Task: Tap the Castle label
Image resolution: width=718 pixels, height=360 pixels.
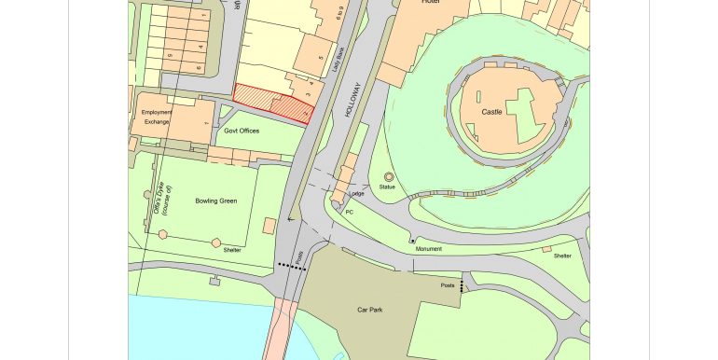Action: [x=491, y=111]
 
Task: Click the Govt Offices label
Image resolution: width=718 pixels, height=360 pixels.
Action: [x=242, y=131]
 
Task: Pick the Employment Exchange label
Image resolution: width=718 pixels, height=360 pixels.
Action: [x=158, y=118]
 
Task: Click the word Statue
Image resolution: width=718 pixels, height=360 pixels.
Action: [x=388, y=187]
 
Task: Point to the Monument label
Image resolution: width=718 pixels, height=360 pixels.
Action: [x=430, y=249]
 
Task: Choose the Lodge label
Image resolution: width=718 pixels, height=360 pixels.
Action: [x=355, y=194]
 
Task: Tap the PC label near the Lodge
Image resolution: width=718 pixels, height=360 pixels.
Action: [x=350, y=212]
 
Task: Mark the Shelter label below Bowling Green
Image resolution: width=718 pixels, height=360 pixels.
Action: [x=231, y=250]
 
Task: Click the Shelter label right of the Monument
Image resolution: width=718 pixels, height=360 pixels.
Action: [x=562, y=256]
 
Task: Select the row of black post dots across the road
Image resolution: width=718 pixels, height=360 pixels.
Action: [x=292, y=266]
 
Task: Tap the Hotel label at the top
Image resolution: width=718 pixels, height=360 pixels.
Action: [x=430, y=3]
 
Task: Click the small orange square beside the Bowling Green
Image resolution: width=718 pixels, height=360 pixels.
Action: [x=270, y=226]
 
